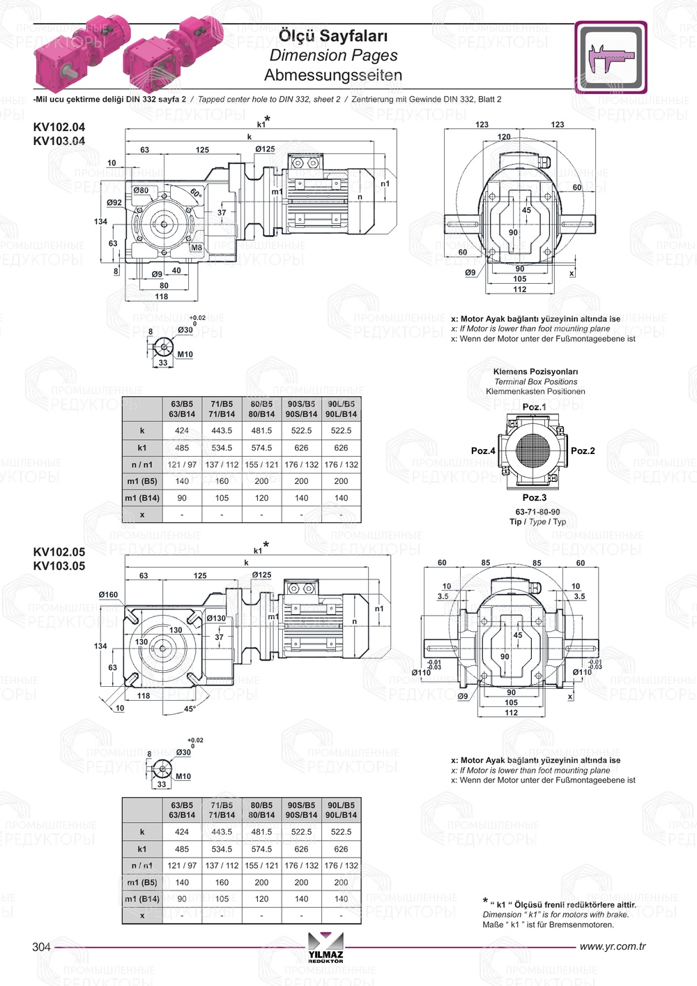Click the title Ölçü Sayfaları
(332, 36)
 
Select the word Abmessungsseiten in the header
(332, 75)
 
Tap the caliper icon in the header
(611, 57)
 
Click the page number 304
(41, 946)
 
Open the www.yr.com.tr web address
(612, 946)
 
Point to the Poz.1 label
(534, 407)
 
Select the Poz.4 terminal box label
(483, 450)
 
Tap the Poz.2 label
(583, 450)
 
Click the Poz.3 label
(534, 497)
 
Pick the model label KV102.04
(59, 127)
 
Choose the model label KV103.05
(59, 566)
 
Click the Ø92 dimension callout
(114, 202)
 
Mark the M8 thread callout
(197, 248)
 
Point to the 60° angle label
(196, 192)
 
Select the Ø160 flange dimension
(108, 595)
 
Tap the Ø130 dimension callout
(216, 618)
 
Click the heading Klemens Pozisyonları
(535, 372)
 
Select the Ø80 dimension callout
(141, 190)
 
